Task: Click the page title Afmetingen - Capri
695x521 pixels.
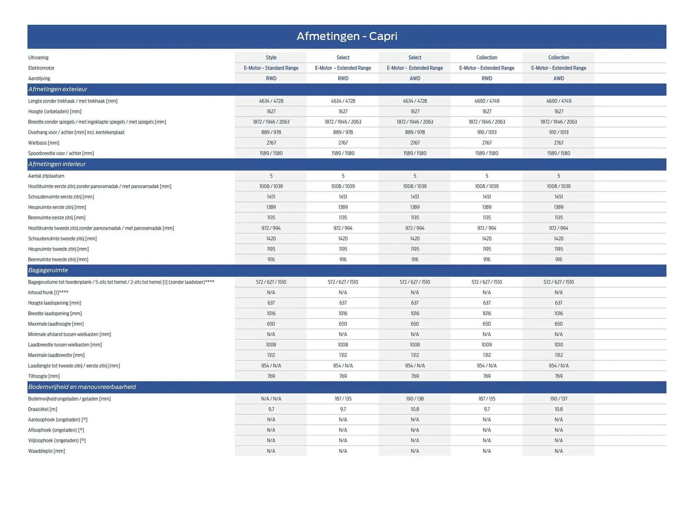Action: tap(347, 36)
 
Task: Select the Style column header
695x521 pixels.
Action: tap(271, 58)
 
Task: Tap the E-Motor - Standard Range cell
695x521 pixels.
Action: tap(271, 68)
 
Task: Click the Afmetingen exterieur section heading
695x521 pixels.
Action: tap(58, 89)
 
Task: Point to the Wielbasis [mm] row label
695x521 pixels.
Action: tap(43, 143)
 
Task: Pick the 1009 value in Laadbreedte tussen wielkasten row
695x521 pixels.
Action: tap(486, 345)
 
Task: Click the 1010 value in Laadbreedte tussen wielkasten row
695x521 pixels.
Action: tap(558, 345)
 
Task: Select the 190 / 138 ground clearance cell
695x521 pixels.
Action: tap(414, 399)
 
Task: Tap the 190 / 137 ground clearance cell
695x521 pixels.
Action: tap(558, 399)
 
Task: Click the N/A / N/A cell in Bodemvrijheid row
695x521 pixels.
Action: tap(271, 399)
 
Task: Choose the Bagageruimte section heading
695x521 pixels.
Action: tap(48, 270)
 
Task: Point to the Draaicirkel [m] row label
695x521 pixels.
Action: tap(42, 409)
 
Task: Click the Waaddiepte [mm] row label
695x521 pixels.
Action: tap(46, 451)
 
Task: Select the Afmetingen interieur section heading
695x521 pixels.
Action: tap(57, 164)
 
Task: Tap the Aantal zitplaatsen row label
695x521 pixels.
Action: tap(46, 176)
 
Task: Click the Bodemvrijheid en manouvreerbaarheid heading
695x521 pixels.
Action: tap(82, 387)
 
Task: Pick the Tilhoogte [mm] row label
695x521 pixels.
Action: tap(43, 376)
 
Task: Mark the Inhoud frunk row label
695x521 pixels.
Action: tap(48, 292)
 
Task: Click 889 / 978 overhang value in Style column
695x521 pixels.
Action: tap(271, 132)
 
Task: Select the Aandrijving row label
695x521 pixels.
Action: tap(39, 79)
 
